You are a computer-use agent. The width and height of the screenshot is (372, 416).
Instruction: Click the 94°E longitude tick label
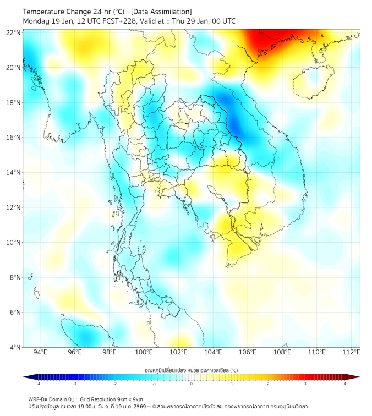pos(40,353)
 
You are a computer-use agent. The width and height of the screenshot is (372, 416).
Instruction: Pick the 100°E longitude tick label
pos(144,353)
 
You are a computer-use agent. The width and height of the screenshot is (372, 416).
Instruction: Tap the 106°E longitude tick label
pos(248,353)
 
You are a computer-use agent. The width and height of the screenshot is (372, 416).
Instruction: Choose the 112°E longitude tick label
pos(352,353)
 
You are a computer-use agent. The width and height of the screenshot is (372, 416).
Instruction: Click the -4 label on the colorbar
pos(37,384)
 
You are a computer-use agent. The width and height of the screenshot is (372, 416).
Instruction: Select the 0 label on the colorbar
pos(192,384)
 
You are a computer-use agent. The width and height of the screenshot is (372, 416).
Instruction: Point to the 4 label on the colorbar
pos(344,384)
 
